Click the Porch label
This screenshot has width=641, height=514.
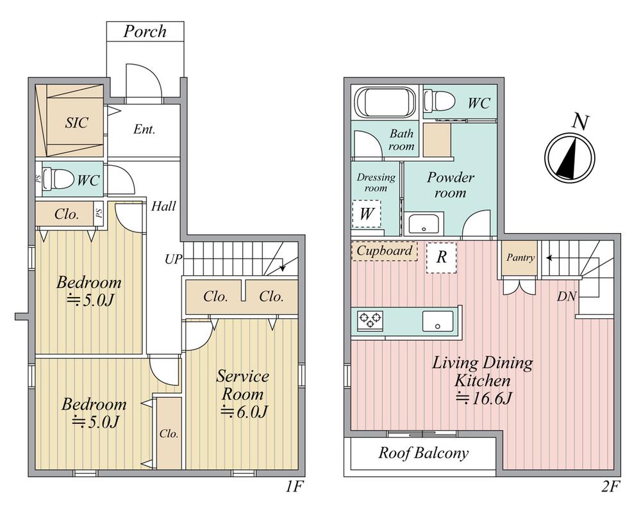(145, 31)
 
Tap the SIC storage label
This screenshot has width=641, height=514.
(76, 122)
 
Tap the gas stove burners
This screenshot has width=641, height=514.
(370, 319)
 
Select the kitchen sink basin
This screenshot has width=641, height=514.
(438, 321)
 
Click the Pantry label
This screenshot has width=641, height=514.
(520, 257)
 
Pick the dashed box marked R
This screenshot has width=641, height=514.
(441, 257)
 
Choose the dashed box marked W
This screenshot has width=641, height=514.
(366, 214)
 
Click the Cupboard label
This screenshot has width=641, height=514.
(384, 250)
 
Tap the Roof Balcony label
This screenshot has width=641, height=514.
(423, 453)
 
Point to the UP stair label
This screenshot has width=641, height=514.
(173, 259)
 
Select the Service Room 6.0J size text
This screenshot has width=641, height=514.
(244, 412)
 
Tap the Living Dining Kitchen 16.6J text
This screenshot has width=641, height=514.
(483, 380)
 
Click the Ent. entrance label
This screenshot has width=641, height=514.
(144, 129)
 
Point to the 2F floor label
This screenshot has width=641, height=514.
(610, 486)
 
